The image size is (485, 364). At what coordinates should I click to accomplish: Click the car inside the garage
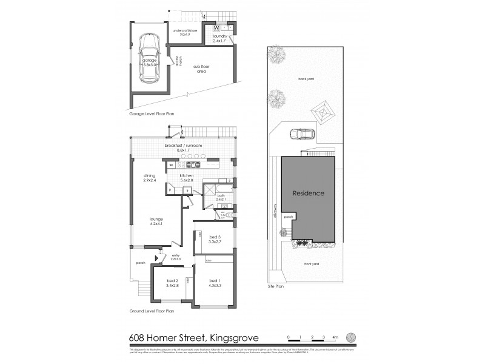point(149,59)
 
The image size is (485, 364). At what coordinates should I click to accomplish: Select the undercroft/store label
point(185,32)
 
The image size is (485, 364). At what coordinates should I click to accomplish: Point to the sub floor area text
point(201,69)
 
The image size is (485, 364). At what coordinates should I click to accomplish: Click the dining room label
point(150,178)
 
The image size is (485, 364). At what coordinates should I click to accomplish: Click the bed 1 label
point(214,283)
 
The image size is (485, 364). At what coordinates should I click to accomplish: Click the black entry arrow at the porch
point(157,258)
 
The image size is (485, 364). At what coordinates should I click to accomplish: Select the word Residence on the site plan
point(309,194)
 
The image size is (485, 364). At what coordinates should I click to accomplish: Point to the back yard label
point(306,78)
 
